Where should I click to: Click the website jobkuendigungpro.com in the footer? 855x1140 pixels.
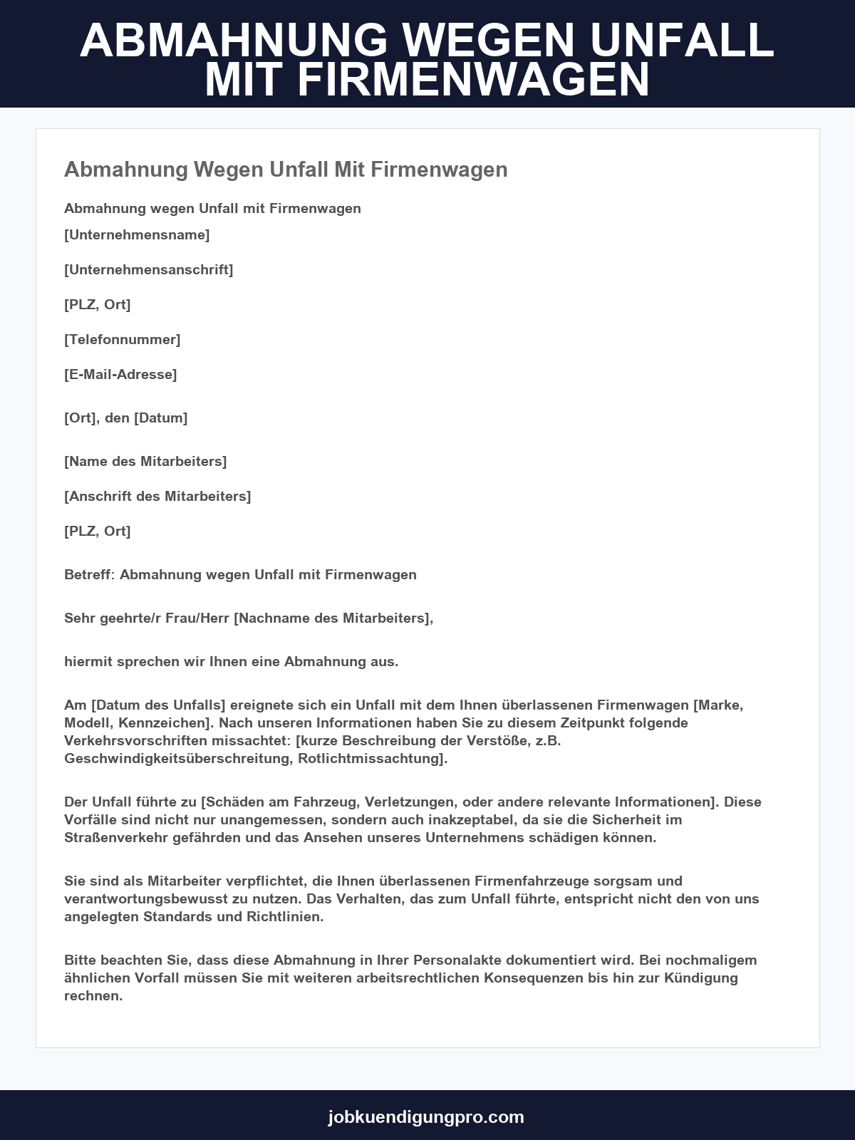click(x=426, y=1116)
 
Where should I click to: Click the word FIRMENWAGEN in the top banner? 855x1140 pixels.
click(x=473, y=81)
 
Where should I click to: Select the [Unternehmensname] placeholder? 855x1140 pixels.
click(x=137, y=234)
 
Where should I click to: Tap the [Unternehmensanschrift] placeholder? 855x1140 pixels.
click(x=149, y=269)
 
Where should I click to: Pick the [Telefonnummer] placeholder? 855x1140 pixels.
click(x=123, y=339)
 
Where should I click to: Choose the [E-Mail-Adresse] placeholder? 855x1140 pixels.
click(x=120, y=374)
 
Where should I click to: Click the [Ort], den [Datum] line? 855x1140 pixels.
click(x=126, y=418)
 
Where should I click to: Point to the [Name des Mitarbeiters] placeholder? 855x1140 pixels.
click(x=145, y=461)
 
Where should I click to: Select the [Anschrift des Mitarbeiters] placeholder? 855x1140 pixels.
click(x=157, y=496)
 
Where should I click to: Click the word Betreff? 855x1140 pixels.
click(x=88, y=574)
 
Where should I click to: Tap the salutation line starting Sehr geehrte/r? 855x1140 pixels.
click(x=249, y=618)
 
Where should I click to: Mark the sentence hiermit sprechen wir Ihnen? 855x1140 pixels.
click(x=231, y=661)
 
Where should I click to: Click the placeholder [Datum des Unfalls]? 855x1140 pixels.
click(x=158, y=705)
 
